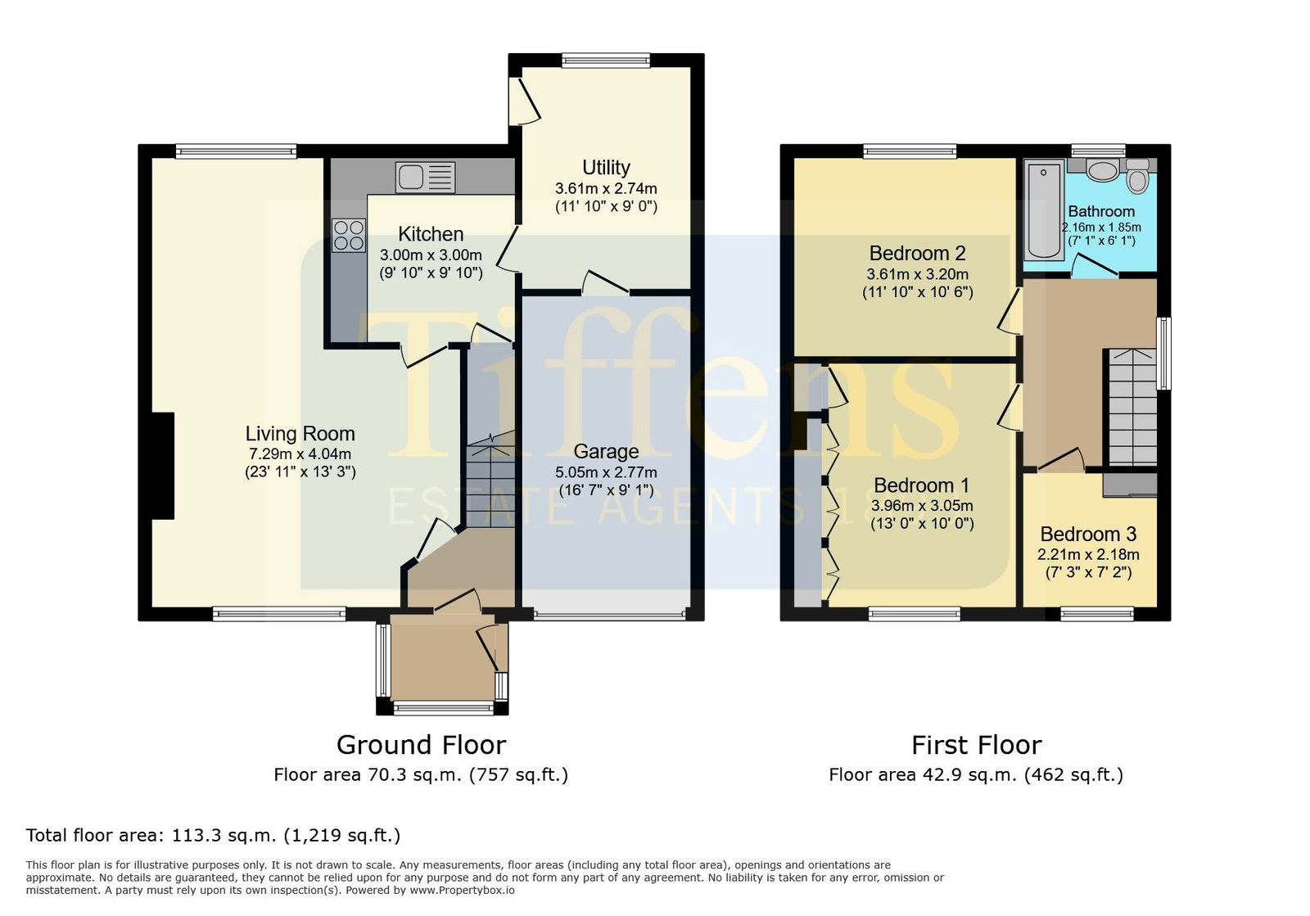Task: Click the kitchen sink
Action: coord(425,177)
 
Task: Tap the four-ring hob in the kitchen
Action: coord(349,235)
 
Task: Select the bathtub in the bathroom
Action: coord(1044,210)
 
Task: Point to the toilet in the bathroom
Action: coord(1137,175)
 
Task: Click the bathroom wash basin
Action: coord(1102,170)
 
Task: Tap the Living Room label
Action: coord(300,434)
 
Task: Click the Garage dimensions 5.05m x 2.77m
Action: coord(606,472)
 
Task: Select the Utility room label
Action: coord(607,168)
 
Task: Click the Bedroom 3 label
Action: coord(1088,535)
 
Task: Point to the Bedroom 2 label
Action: coord(918,253)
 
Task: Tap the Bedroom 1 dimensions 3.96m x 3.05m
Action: coord(922,506)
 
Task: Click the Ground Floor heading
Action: coord(421,745)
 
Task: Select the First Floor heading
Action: coord(977,745)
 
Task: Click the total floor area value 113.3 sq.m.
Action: coord(224,835)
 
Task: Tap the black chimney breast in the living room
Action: coord(163,466)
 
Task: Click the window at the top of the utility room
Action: coord(606,61)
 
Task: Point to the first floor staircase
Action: coord(1133,408)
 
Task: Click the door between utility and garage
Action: coord(605,282)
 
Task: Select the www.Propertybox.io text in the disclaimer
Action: coord(462,891)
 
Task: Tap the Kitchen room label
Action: coord(431,234)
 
